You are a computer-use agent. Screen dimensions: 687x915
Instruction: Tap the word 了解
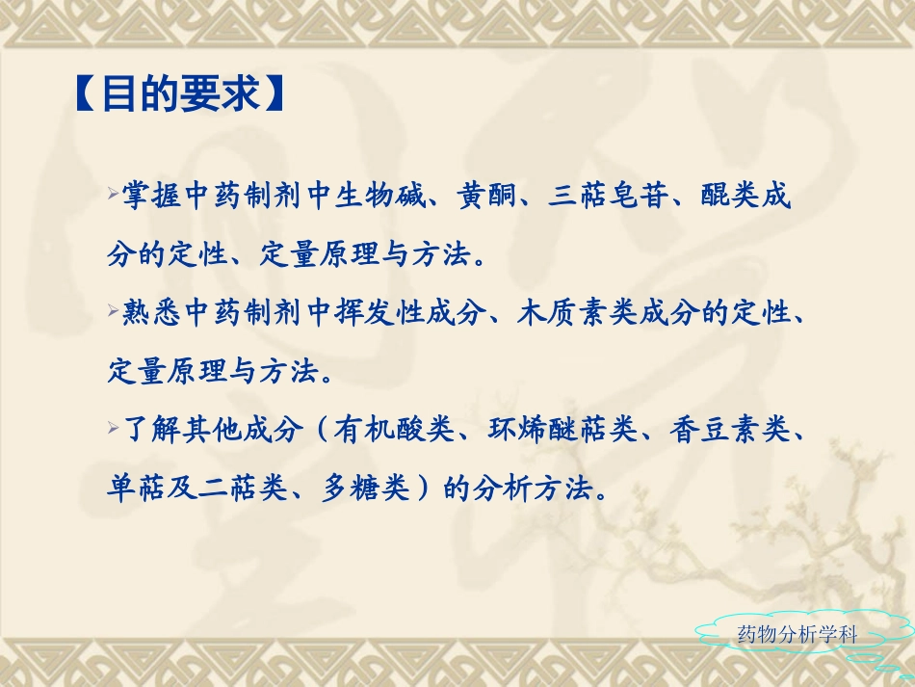pos(152,429)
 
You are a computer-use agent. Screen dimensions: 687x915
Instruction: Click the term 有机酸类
pos(395,429)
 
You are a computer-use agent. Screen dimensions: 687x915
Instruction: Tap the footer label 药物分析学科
pos(795,634)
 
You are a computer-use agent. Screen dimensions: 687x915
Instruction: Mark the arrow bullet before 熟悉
pos(115,308)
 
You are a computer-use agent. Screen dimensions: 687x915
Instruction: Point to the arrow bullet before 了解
pos(115,425)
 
